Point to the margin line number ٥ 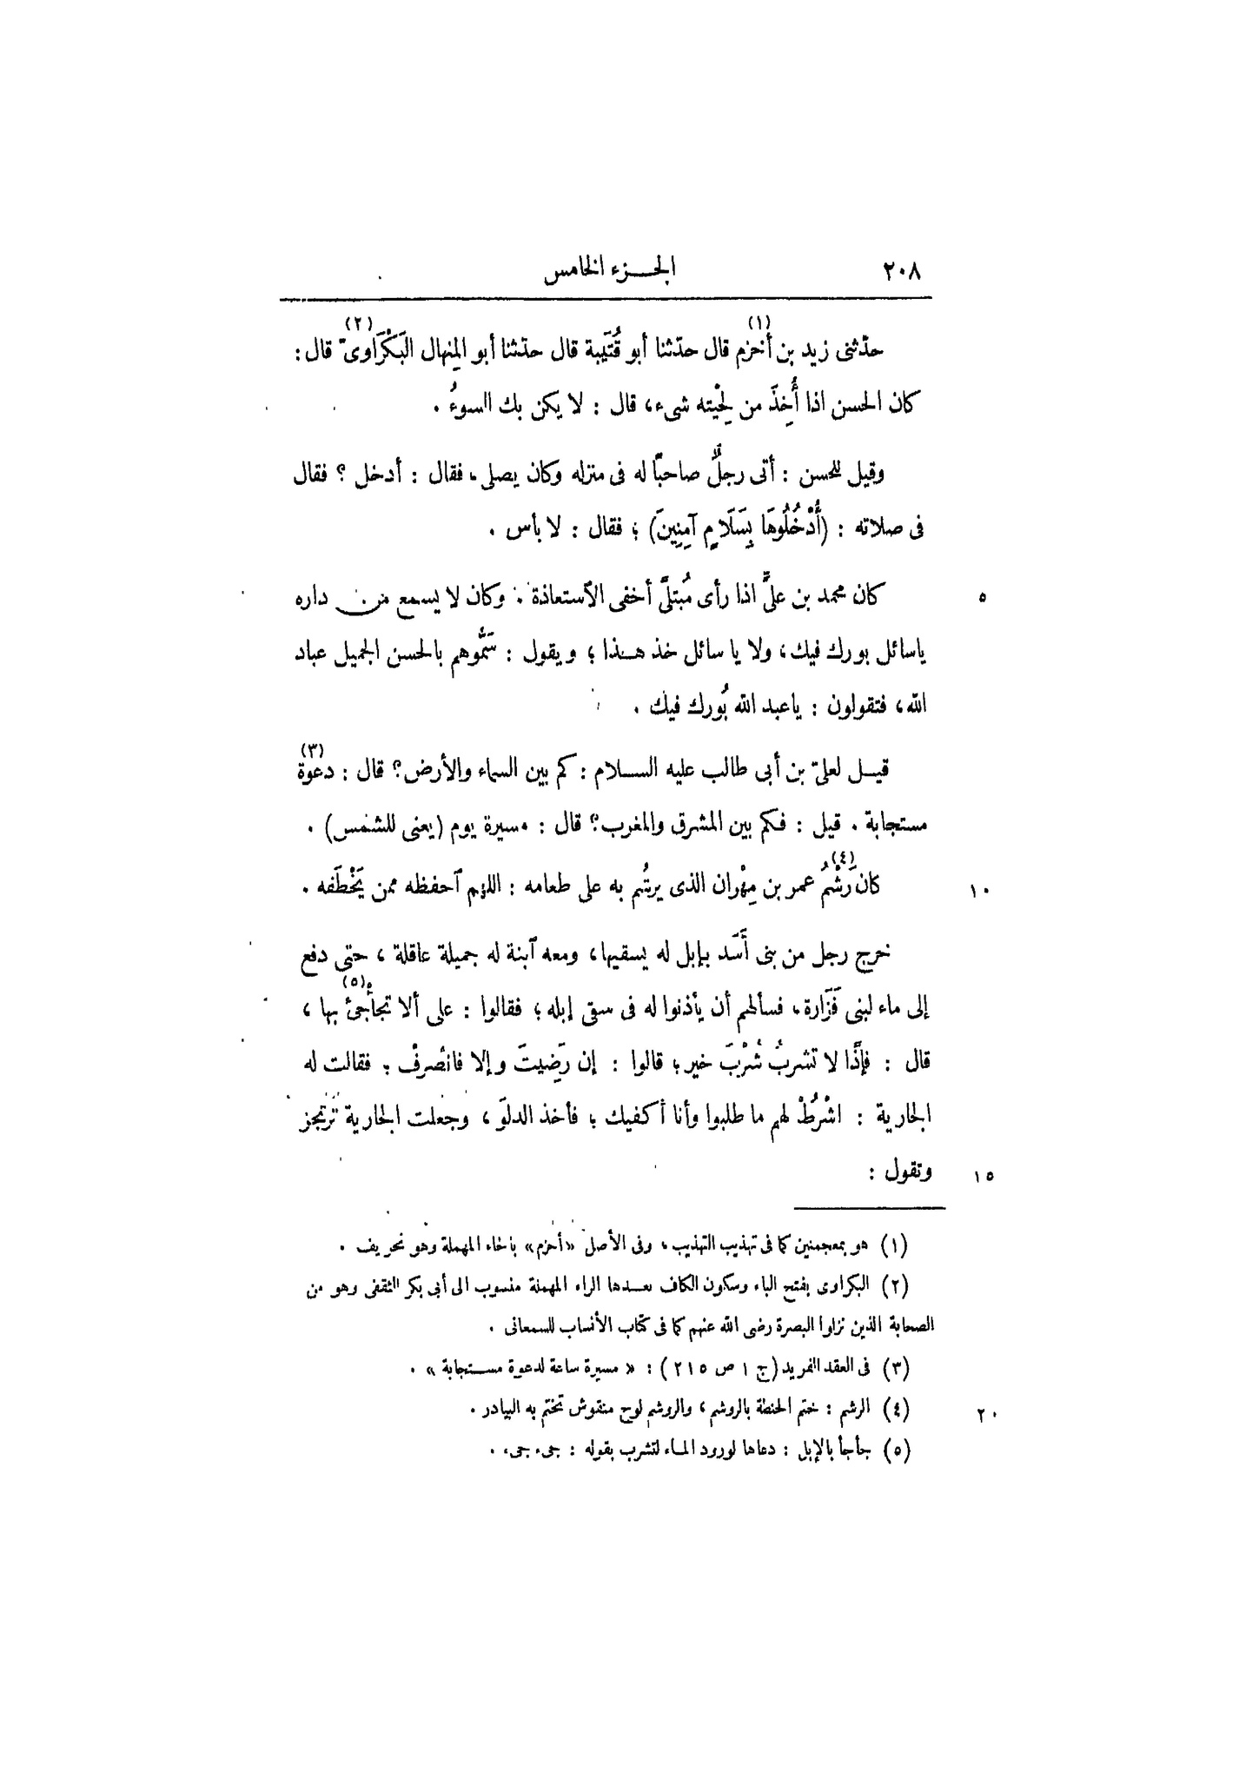coord(982,598)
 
